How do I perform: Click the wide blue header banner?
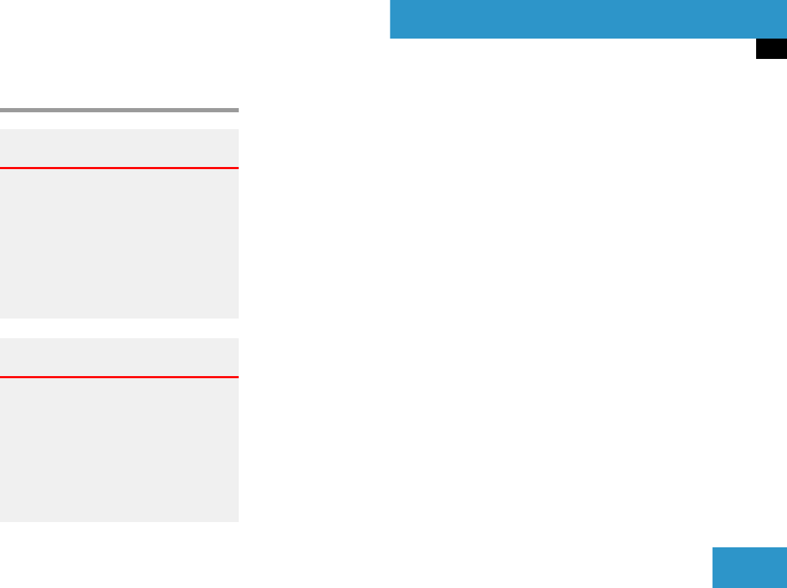coord(588,19)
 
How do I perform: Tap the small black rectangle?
coord(772,49)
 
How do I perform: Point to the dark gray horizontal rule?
coord(119,110)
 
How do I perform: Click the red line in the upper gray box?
coord(119,168)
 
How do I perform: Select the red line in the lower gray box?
coord(119,377)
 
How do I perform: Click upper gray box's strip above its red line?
coord(119,148)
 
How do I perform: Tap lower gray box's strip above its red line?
coord(119,357)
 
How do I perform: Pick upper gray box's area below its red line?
coord(119,243)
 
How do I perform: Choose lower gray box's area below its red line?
coord(119,450)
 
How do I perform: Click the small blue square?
coord(750,568)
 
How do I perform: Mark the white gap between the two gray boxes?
coord(119,328)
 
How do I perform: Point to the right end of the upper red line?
coord(237,168)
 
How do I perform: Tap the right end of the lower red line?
coord(237,377)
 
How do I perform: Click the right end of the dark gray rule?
coord(237,110)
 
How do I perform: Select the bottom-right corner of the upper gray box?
coord(238,318)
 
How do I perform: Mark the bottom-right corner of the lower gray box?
coord(238,521)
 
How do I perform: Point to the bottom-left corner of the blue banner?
coord(390,38)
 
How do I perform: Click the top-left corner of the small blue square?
coord(713,548)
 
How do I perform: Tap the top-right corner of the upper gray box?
coord(238,130)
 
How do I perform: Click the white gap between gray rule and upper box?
coord(119,121)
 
